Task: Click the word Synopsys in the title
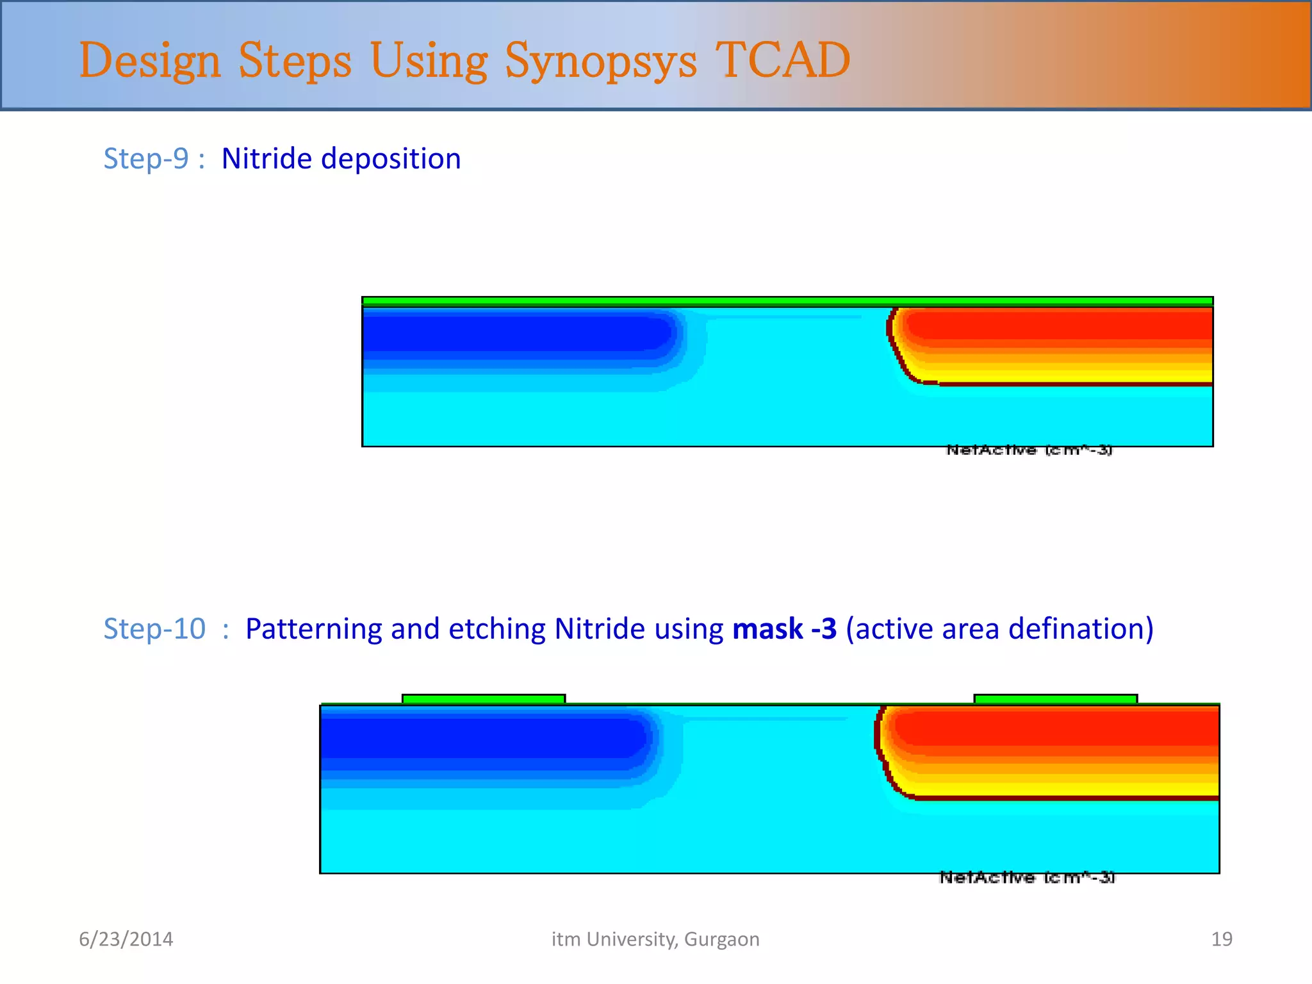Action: pos(600,61)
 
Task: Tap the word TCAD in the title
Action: pos(782,60)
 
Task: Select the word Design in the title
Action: pos(150,61)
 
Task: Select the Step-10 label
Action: pos(154,628)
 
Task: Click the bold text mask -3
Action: pos(784,628)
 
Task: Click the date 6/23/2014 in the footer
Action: pos(126,939)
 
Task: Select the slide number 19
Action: pos(1221,939)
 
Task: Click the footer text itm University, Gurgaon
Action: pos(655,939)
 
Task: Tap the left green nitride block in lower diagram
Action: pos(483,699)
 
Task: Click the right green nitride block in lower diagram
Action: pos(1055,699)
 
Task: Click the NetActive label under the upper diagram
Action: pos(1029,450)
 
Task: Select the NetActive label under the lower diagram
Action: pos(1027,878)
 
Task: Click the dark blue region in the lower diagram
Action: pos(480,737)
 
